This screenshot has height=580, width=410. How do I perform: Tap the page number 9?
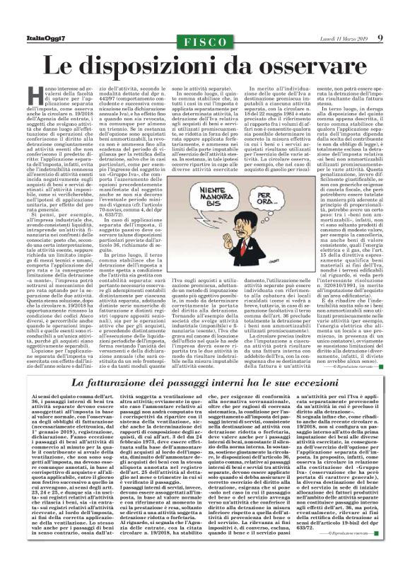[380, 37]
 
